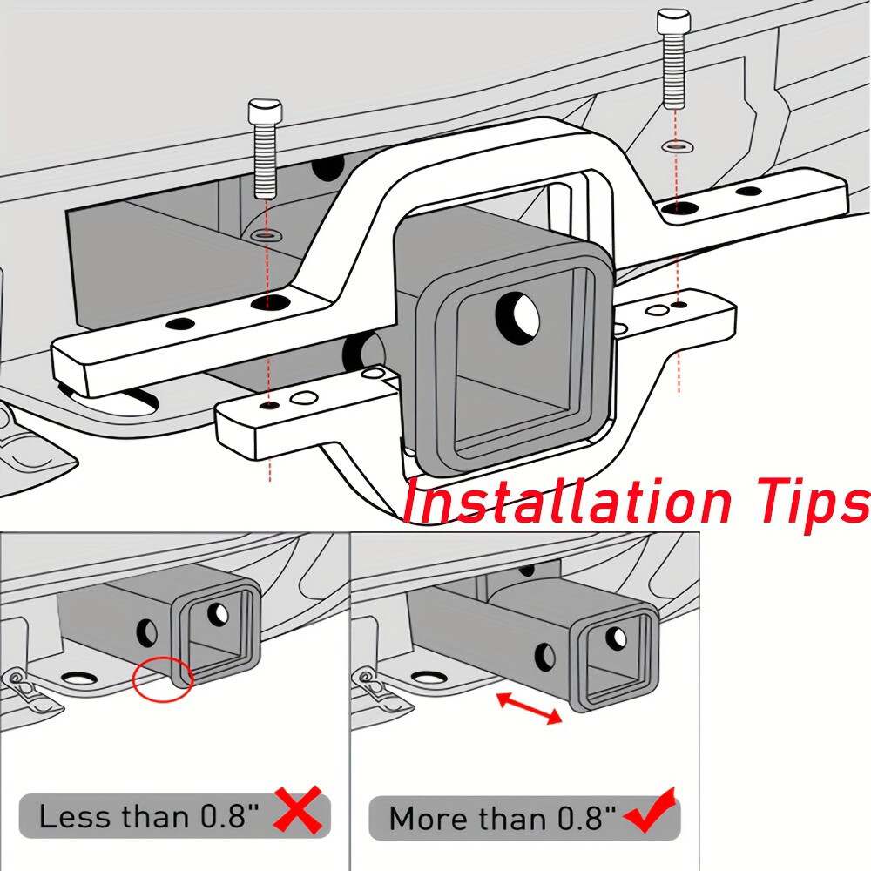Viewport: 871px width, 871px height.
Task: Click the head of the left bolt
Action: pyautogui.click(x=262, y=111)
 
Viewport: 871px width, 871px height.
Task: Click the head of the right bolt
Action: pyautogui.click(x=674, y=22)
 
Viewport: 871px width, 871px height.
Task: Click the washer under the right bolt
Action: pyautogui.click(x=674, y=146)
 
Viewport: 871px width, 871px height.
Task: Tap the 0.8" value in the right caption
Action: pyautogui.click(x=585, y=819)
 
